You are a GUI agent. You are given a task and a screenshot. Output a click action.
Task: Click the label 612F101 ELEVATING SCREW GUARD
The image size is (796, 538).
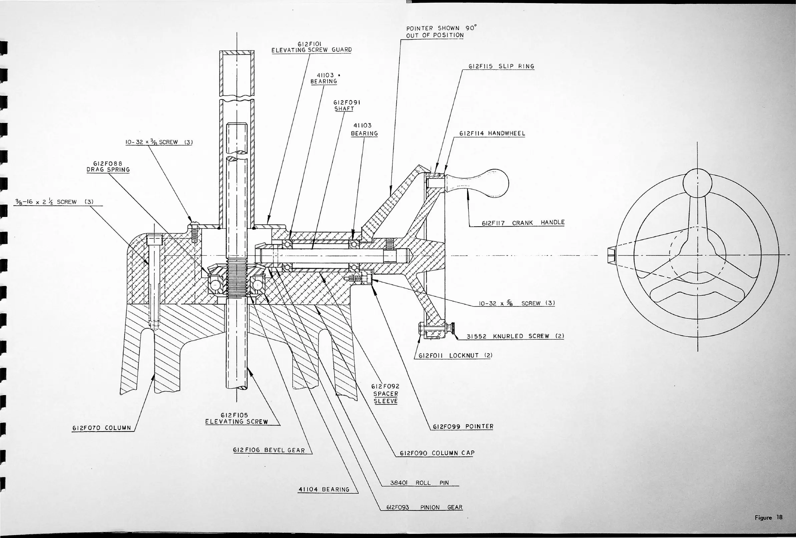[311, 47]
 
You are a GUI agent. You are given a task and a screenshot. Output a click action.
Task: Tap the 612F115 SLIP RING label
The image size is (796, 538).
[501, 66]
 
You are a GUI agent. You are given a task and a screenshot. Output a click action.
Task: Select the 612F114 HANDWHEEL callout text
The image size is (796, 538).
[492, 133]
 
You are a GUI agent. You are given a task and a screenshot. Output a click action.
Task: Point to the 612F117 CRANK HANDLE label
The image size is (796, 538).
[523, 223]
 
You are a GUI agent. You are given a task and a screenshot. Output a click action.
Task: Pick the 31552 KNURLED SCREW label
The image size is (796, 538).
[515, 336]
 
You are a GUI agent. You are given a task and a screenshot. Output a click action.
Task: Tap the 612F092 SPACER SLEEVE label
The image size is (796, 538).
[386, 394]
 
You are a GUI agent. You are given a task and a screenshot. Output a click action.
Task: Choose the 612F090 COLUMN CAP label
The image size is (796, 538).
[437, 453]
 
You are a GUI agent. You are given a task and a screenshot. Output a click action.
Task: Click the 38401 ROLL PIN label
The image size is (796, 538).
[419, 483]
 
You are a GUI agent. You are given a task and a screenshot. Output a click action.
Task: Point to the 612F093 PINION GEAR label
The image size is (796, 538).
[424, 507]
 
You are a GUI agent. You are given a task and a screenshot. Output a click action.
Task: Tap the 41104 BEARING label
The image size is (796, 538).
[324, 489]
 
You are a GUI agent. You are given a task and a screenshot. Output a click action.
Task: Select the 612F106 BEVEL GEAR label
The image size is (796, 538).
[269, 450]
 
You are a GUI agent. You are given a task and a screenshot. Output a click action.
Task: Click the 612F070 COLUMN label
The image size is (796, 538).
[102, 428]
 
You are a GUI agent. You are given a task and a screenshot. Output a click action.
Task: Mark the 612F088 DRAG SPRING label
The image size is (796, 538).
[108, 167]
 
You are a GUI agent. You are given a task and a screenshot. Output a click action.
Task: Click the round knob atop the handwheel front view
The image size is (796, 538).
[697, 183]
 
